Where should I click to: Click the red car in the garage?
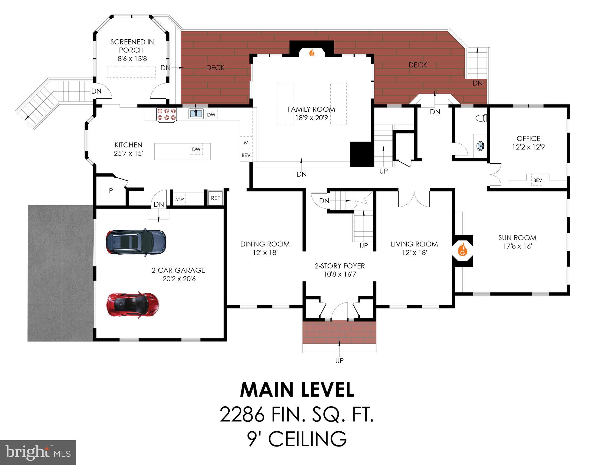[133, 305]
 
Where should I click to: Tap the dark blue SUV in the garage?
[136, 242]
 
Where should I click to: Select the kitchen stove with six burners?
[166, 114]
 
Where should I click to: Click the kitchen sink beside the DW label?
[196, 114]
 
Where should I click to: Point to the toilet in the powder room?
[481, 118]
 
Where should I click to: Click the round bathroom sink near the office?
[480, 146]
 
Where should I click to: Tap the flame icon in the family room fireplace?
[312, 53]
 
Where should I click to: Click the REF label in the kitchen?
[215, 198]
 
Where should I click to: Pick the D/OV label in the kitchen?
[179, 199]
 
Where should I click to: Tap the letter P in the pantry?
[111, 191]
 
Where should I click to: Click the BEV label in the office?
[537, 180]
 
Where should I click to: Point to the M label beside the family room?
[246, 143]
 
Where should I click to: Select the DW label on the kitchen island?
[196, 149]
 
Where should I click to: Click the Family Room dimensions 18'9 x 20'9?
[311, 118]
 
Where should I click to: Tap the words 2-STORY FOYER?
[339, 266]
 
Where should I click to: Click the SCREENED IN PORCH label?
[132, 46]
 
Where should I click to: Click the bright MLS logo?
[38, 452]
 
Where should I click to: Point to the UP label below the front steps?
[339, 361]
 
